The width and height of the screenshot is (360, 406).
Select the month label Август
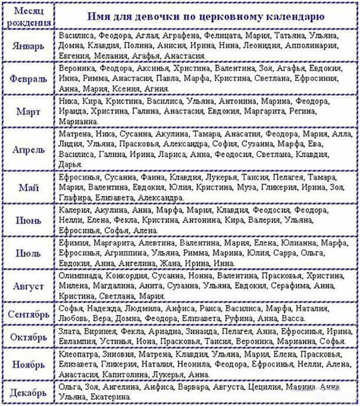coord(29,286)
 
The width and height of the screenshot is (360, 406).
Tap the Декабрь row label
coord(29,392)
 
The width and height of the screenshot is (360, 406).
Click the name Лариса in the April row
coord(171,154)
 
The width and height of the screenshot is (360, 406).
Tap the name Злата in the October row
coord(68,331)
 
